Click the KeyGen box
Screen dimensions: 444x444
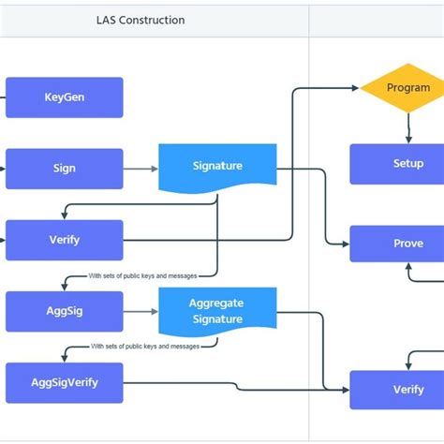tap(64, 97)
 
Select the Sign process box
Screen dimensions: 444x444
tap(64, 169)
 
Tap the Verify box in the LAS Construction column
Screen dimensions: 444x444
tap(64, 240)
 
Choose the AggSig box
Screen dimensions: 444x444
tap(64, 311)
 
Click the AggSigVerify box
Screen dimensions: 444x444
tap(64, 382)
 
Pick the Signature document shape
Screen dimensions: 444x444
tap(217, 167)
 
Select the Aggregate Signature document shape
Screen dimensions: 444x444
tap(216, 311)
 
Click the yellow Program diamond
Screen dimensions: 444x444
tap(407, 88)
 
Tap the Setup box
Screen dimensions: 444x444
tap(407, 163)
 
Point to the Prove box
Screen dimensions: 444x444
tap(407, 244)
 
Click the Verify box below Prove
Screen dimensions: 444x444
tap(407, 390)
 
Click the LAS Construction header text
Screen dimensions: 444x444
tap(141, 20)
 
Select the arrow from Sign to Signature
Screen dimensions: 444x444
tap(141, 170)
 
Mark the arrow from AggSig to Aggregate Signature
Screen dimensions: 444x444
tap(141, 311)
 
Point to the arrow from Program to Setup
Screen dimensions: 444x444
tap(408, 126)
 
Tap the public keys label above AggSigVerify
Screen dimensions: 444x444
tap(145, 347)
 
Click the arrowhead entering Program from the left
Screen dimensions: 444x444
tap(355, 88)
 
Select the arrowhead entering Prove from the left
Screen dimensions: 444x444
tap(345, 244)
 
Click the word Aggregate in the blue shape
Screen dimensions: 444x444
tap(216, 303)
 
